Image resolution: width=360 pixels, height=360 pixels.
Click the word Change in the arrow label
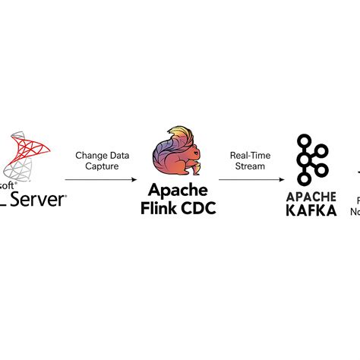tap(90, 155)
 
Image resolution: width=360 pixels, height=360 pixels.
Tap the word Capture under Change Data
tap(103, 166)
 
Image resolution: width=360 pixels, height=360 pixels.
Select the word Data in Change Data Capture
tap(117, 155)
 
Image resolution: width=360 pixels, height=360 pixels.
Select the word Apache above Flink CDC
tap(178, 190)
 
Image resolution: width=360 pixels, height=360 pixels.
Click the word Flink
tap(159, 207)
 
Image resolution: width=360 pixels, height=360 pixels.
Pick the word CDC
tap(198, 207)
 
